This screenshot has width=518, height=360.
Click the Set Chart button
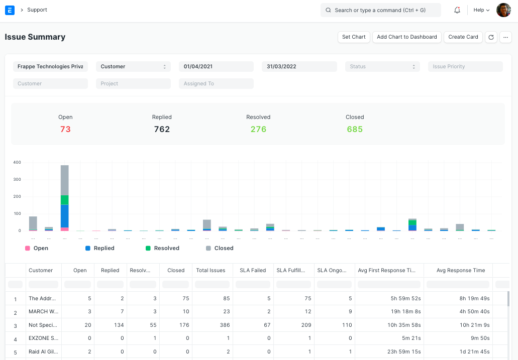(x=354, y=37)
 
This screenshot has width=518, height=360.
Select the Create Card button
(x=463, y=37)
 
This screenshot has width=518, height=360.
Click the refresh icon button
(x=491, y=37)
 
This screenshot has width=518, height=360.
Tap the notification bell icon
(x=457, y=10)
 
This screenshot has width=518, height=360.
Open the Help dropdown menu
(x=481, y=10)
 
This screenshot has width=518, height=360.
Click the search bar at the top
(x=380, y=10)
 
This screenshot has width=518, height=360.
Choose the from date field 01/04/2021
(x=216, y=66)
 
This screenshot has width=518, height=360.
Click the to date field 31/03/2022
(x=299, y=66)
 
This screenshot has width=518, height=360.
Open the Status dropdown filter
(x=382, y=66)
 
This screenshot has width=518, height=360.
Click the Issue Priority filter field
(x=465, y=66)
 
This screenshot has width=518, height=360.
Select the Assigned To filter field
(x=216, y=83)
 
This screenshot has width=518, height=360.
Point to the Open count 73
(x=65, y=129)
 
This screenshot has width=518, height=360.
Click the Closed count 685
(x=355, y=129)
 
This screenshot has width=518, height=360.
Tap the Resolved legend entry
(x=166, y=248)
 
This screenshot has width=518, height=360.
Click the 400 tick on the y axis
(x=17, y=163)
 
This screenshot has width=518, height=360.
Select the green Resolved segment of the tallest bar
(x=64, y=200)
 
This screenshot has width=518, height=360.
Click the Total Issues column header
(x=211, y=270)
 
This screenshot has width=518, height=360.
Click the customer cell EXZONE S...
(x=43, y=338)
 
